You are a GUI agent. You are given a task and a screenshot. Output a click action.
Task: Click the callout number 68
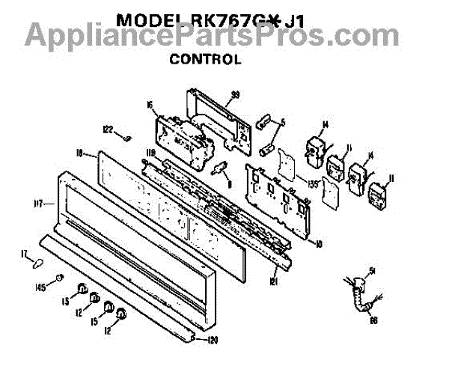[373, 320]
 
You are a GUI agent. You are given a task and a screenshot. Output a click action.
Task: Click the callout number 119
[149, 155]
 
